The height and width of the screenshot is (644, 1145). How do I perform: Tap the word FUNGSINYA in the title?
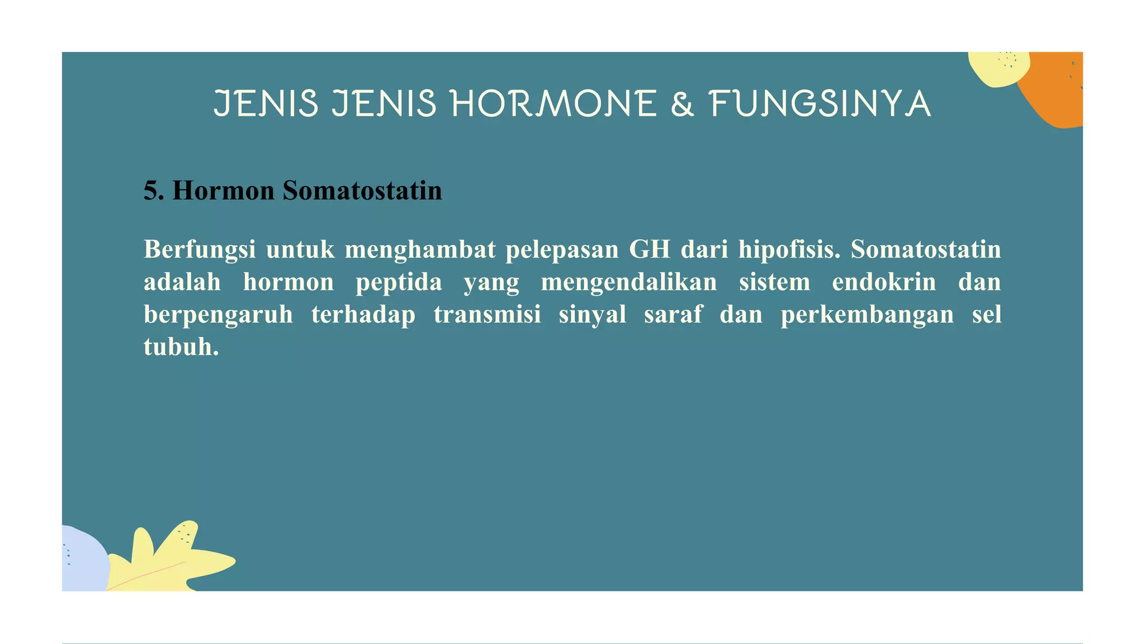(820, 104)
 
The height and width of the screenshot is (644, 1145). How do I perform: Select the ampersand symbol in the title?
(682, 104)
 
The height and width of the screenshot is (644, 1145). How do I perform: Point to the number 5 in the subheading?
(150, 191)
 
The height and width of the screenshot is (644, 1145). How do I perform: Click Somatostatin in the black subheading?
(362, 191)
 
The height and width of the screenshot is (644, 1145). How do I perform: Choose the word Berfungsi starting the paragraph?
(200, 249)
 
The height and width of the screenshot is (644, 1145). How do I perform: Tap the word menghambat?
(420, 249)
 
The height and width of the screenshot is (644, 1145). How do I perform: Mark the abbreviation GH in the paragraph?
(649, 249)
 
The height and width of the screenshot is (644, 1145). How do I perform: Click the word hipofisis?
(789, 249)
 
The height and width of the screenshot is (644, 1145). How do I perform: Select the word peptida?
(399, 282)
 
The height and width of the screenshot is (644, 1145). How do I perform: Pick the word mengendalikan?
(628, 282)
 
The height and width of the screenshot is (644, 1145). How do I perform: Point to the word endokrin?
(884, 282)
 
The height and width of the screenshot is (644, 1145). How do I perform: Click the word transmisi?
(487, 314)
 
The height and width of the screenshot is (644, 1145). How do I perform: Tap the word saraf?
(673, 314)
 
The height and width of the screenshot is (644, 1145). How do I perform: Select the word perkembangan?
(867, 314)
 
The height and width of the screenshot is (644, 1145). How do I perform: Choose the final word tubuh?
(181, 347)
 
